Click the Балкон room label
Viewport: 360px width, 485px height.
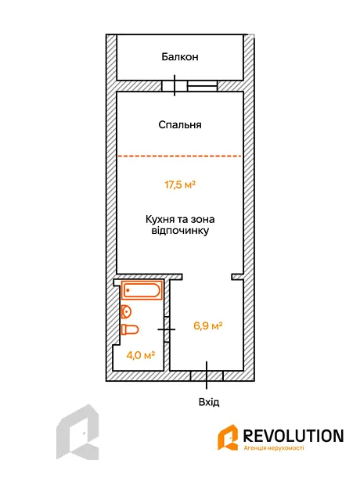[x=180, y=57]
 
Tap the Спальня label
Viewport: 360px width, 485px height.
[x=180, y=124]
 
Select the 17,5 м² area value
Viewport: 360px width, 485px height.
[x=180, y=185]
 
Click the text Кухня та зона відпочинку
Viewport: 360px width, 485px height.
[x=180, y=225]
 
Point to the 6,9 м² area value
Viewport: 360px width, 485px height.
[x=208, y=325]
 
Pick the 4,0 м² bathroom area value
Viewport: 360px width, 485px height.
[x=141, y=355]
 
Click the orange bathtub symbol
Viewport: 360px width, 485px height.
[x=142, y=290]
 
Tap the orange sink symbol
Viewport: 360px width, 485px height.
[x=126, y=312]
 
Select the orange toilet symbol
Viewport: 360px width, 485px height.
[x=130, y=329]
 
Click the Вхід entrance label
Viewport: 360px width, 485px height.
[x=209, y=402]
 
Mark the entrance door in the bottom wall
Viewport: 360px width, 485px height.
[x=207, y=375]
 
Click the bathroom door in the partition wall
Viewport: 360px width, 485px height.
[x=167, y=329]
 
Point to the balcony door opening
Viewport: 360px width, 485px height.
[x=175, y=86]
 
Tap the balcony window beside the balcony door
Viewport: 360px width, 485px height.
[x=203, y=86]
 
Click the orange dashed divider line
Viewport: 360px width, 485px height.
[x=179, y=156]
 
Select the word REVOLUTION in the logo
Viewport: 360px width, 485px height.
[x=293, y=436]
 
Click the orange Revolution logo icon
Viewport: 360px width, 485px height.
[x=228, y=437]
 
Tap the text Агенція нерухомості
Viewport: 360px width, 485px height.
[x=274, y=448]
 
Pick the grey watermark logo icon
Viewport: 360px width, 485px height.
[x=77, y=432]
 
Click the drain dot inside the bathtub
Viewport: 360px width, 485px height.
[x=128, y=290]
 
